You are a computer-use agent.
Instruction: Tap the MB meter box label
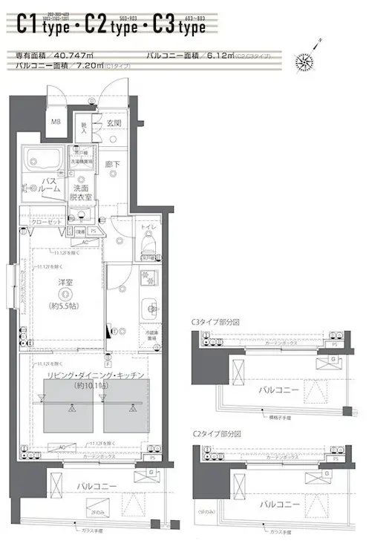(55, 122)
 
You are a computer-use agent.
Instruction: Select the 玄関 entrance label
(113, 123)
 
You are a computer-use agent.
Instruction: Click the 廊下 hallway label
(112, 165)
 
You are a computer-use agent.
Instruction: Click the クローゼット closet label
(47, 222)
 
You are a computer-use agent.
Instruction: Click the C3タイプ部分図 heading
(215, 322)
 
